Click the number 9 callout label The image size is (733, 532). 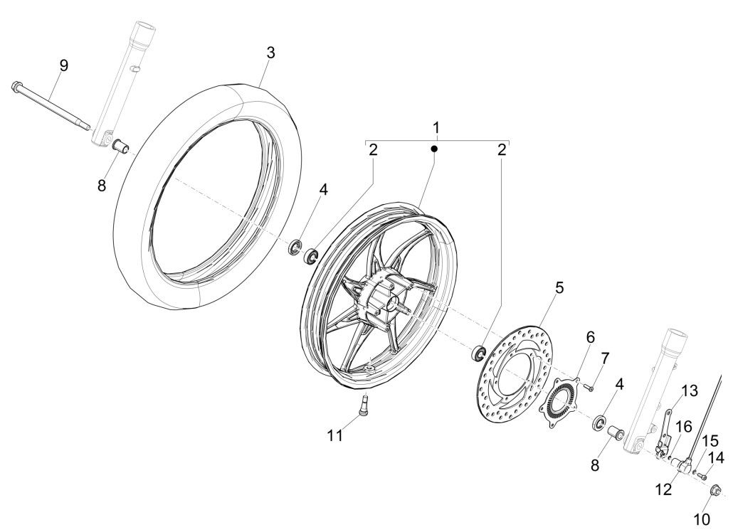tap(63, 65)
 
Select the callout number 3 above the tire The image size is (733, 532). tap(270, 53)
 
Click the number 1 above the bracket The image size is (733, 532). tap(436, 127)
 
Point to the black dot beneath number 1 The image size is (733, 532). tap(436, 149)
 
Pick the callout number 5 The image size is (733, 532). tap(559, 288)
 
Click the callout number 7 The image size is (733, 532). tap(606, 356)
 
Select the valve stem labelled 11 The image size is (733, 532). tap(365, 408)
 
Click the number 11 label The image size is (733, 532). tap(335, 435)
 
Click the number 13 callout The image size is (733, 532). tap(690, 390)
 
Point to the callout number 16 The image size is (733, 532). tap(683, 426)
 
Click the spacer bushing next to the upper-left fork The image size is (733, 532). tap(122, 147)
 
